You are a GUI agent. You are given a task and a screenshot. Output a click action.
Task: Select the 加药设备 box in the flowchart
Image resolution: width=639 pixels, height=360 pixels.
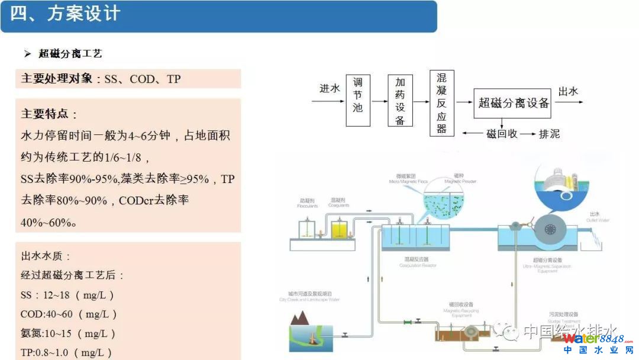[400, 100]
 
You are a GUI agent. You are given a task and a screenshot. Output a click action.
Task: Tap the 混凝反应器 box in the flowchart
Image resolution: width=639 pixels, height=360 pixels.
[441, 103]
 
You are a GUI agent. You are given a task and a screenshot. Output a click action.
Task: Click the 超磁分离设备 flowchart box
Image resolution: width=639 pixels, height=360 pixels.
[514, 102]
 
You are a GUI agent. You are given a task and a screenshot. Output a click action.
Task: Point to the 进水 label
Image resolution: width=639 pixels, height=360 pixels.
[330, 88]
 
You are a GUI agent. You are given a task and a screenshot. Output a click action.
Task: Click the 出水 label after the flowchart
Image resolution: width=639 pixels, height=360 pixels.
[568, 91]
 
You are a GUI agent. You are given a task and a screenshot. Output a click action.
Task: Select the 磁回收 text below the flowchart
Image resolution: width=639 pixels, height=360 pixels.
[501, 134]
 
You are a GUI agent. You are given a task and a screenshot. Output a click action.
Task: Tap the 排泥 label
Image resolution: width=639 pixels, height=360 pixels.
[548, 134]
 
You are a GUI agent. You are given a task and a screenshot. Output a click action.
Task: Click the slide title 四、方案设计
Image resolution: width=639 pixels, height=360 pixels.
[65, 14]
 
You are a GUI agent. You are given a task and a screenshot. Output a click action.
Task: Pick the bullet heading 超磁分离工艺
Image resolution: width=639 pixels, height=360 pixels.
[70, 53]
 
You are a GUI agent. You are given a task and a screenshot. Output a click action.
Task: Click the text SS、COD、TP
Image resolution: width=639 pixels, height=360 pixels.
[143, 79]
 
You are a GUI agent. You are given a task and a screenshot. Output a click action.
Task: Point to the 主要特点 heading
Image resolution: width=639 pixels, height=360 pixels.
[50, 114]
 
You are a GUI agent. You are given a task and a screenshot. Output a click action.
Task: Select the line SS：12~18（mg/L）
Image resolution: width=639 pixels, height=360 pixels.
[67, 295]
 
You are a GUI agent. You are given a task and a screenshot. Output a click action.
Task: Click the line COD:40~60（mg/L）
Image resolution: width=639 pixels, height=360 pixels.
[69, 314]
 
